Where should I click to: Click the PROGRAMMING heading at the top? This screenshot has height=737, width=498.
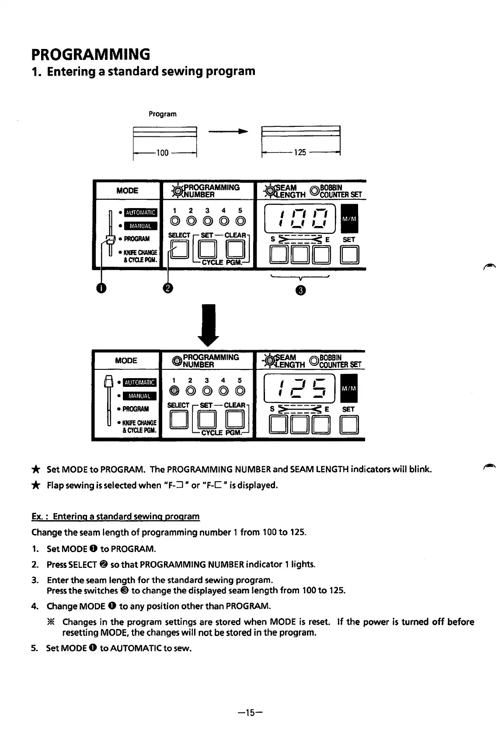click(x=91, y=54)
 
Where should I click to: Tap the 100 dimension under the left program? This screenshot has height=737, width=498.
click(x=162, y=153)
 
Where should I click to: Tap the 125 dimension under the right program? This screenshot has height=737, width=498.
click(x=300, y=153)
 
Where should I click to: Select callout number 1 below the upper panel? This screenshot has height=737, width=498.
click(x=101, y=289)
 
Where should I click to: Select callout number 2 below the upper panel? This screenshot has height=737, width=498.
click(x=168, y=289)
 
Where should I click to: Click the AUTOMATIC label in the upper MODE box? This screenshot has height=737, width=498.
click(x=140, y=212)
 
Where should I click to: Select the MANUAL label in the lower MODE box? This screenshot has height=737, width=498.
click(x=140, y=396)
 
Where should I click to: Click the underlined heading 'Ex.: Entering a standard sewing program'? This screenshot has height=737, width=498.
click(x=115, y=516)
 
